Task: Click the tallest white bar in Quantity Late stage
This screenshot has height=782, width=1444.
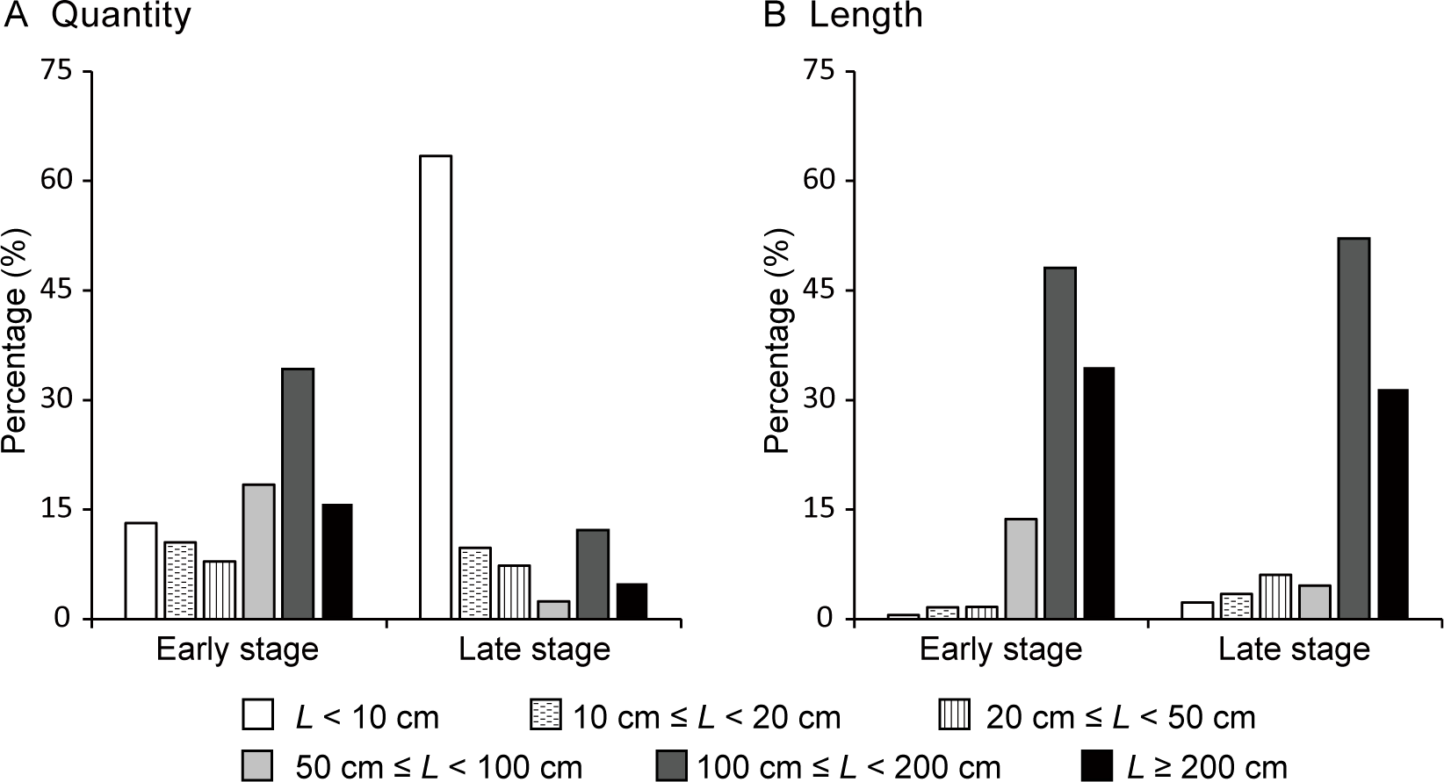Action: coord(436,386)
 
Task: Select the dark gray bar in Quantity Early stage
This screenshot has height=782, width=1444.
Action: coord(298,493)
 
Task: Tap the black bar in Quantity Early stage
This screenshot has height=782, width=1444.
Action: coord(336,562)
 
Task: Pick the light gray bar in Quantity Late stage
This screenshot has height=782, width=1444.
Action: coord(553,610)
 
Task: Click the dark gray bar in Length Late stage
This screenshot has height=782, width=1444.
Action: coord(1353,428)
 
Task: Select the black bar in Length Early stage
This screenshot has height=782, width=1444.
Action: coord(1098,493)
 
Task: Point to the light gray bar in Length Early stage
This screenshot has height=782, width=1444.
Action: coord(1021,569)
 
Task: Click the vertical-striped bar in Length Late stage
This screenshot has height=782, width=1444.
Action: coord(1275,597)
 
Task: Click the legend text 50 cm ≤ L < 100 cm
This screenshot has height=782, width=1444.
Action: coord(438,766)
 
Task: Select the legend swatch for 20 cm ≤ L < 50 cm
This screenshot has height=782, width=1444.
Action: coord(955,716)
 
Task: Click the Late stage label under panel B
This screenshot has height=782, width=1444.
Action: coord(1294,649)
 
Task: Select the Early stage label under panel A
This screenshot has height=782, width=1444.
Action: coord(237,649)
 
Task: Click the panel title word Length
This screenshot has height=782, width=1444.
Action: coord(866,16)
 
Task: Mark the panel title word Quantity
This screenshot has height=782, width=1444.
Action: coord(120,16)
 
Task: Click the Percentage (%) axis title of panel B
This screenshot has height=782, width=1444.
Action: coord(776,341)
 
